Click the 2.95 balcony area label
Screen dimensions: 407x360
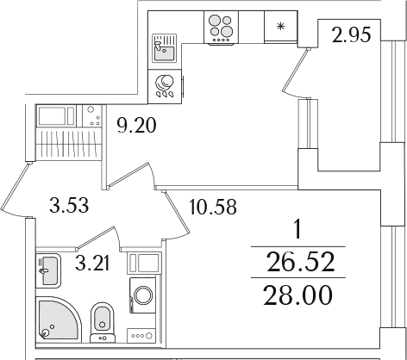[351, 35]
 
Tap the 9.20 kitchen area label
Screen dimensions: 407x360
[136, 126]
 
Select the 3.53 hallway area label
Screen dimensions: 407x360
[69, 205]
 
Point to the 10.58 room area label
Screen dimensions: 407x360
[213, 207]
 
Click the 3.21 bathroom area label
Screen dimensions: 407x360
[92, 264]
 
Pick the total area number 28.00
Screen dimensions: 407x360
[297, 295]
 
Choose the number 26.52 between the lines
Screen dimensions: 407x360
[301, 262]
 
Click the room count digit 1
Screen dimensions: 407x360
[298, 230]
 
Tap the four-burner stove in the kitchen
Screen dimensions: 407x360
[221, 28]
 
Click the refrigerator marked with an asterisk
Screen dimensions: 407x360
[280, 27]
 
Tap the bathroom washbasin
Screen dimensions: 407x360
[48, 271]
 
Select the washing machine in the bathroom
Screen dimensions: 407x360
[143, 295]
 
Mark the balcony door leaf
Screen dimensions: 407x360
[295, 71]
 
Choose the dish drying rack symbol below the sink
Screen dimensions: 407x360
[165, 86]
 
